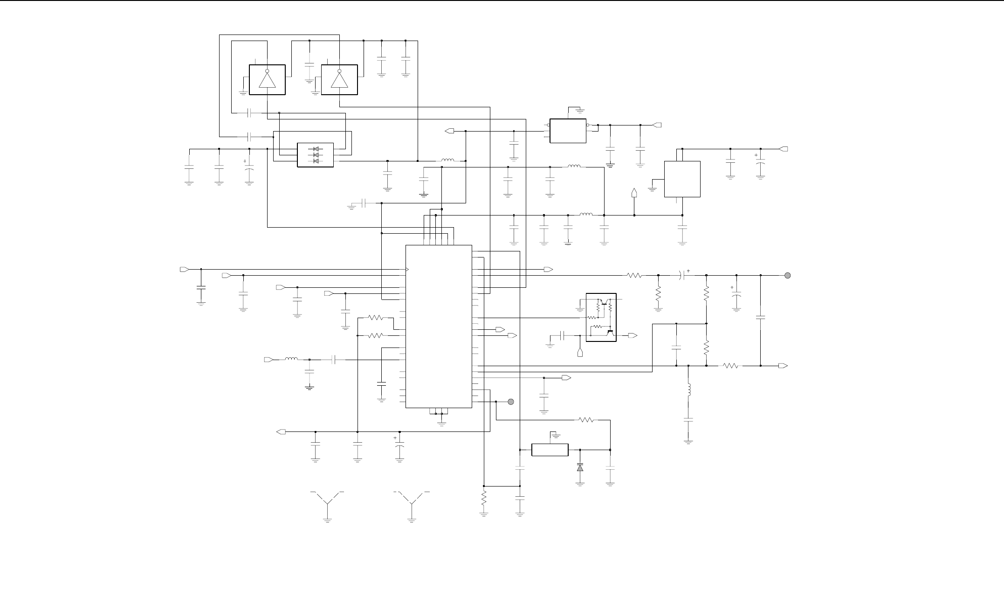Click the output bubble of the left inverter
pos(267,71)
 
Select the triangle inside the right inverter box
pos(339,81)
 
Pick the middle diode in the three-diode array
pos(316,155)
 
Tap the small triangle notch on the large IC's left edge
pos(407,270)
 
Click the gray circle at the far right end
pos(788,275)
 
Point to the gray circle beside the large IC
pos(511,402)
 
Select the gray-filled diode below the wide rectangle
pos(580,467)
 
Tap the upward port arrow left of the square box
pos(634,193)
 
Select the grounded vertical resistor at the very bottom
pos(483,499)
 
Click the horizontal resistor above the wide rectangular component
pos(587,420)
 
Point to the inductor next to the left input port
pos(292,359)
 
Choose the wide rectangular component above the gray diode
pos(550,450)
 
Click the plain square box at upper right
pos(682,179)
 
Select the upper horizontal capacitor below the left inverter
pos(250,113)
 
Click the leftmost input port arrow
pos(184,270)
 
